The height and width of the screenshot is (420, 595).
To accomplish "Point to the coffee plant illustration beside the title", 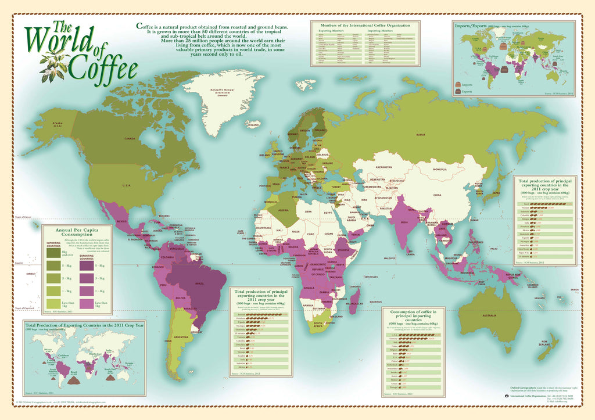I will pos(54,64).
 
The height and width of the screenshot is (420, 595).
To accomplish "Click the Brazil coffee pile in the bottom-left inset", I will pos(75,380).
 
